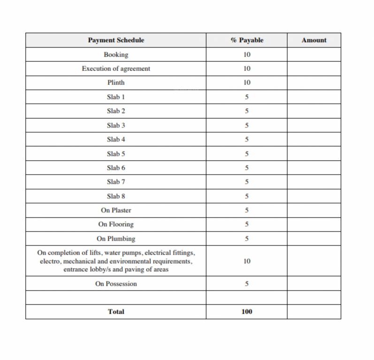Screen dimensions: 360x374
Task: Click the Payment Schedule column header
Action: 116,40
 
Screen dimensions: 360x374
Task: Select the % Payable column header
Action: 247,40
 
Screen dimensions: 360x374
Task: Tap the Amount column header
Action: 314,40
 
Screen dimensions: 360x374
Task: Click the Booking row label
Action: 116,54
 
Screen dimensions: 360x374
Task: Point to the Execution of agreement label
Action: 116,68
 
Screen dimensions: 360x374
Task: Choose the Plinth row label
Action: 116,82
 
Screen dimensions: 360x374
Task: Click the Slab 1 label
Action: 116,97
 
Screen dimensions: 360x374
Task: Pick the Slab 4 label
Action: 116,139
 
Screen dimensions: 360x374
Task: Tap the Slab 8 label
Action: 116,196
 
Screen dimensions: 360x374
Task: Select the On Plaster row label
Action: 116,210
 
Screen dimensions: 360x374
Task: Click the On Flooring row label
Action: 116,224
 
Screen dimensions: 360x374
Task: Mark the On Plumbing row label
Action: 116,239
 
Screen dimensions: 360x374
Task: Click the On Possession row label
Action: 116,284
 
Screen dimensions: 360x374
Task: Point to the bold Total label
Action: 116,312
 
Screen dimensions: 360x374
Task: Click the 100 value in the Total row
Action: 247,312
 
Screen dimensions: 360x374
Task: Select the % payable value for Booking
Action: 247,54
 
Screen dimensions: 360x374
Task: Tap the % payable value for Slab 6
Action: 247,168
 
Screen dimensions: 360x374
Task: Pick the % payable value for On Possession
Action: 247,284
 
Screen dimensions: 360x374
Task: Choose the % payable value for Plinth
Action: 247,82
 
